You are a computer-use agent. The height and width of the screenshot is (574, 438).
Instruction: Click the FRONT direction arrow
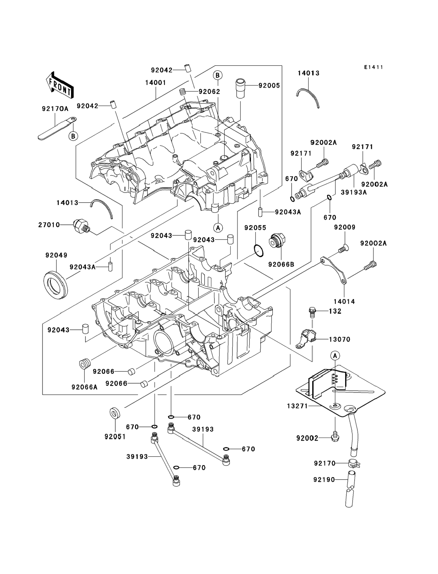[x=60, y=86]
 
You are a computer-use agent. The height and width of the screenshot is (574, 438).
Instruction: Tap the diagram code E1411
[x=374, y=67]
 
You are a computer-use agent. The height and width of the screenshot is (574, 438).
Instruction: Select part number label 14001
[x=155, y=83]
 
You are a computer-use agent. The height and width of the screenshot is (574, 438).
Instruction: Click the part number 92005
[x=269, y=86]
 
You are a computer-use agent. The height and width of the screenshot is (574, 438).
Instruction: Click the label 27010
[x=49, y=225]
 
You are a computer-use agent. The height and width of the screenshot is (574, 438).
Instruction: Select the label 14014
[x=344, y=302]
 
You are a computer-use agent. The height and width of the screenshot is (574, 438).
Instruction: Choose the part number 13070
[x=339, y=339]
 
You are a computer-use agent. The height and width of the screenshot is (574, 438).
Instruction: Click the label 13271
[x=297, y=406]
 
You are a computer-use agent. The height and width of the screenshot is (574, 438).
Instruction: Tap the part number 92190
[x=324, y=479]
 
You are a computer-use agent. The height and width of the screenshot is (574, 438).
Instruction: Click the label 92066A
[x=84, y=387]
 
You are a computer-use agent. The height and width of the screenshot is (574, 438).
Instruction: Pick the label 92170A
[x=55, y=109]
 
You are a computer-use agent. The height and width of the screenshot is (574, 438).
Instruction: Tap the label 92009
[x=345, y=227]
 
